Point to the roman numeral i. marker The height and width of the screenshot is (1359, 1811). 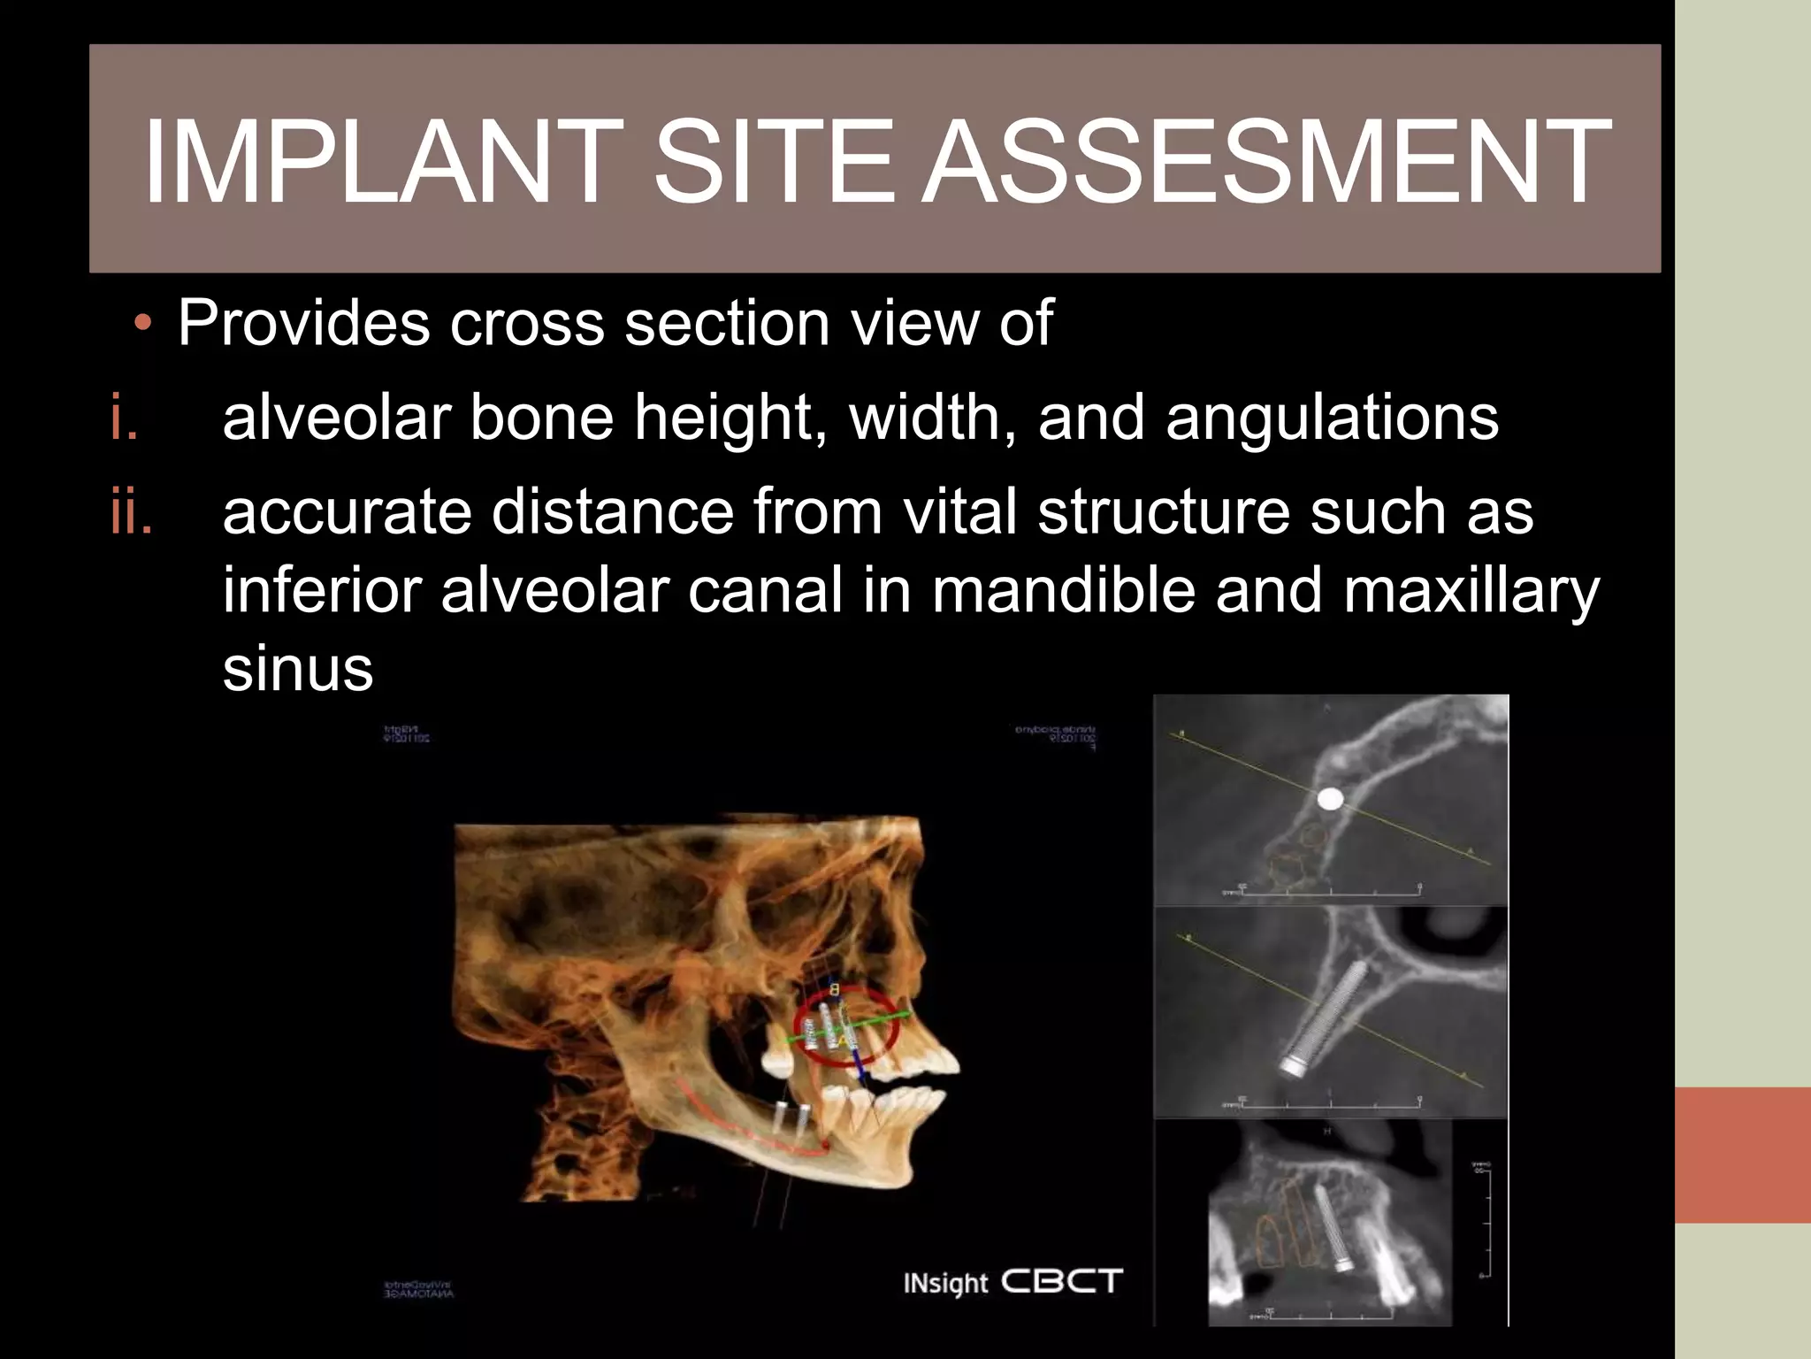click(125, 418)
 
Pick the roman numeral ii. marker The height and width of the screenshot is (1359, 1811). click(132, 513)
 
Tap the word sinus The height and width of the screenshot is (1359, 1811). click(298, 668)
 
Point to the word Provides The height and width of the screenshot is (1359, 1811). click(304, 323)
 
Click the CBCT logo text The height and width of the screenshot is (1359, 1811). click(1062, 1281)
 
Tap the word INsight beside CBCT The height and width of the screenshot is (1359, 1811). click(945, 1283)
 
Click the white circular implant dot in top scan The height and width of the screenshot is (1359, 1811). click(1330, 800)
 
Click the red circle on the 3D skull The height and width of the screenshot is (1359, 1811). click(846, 1026)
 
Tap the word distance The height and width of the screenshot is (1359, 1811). click(612, 512)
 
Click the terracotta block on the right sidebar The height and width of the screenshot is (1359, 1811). click(1742, 1155)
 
